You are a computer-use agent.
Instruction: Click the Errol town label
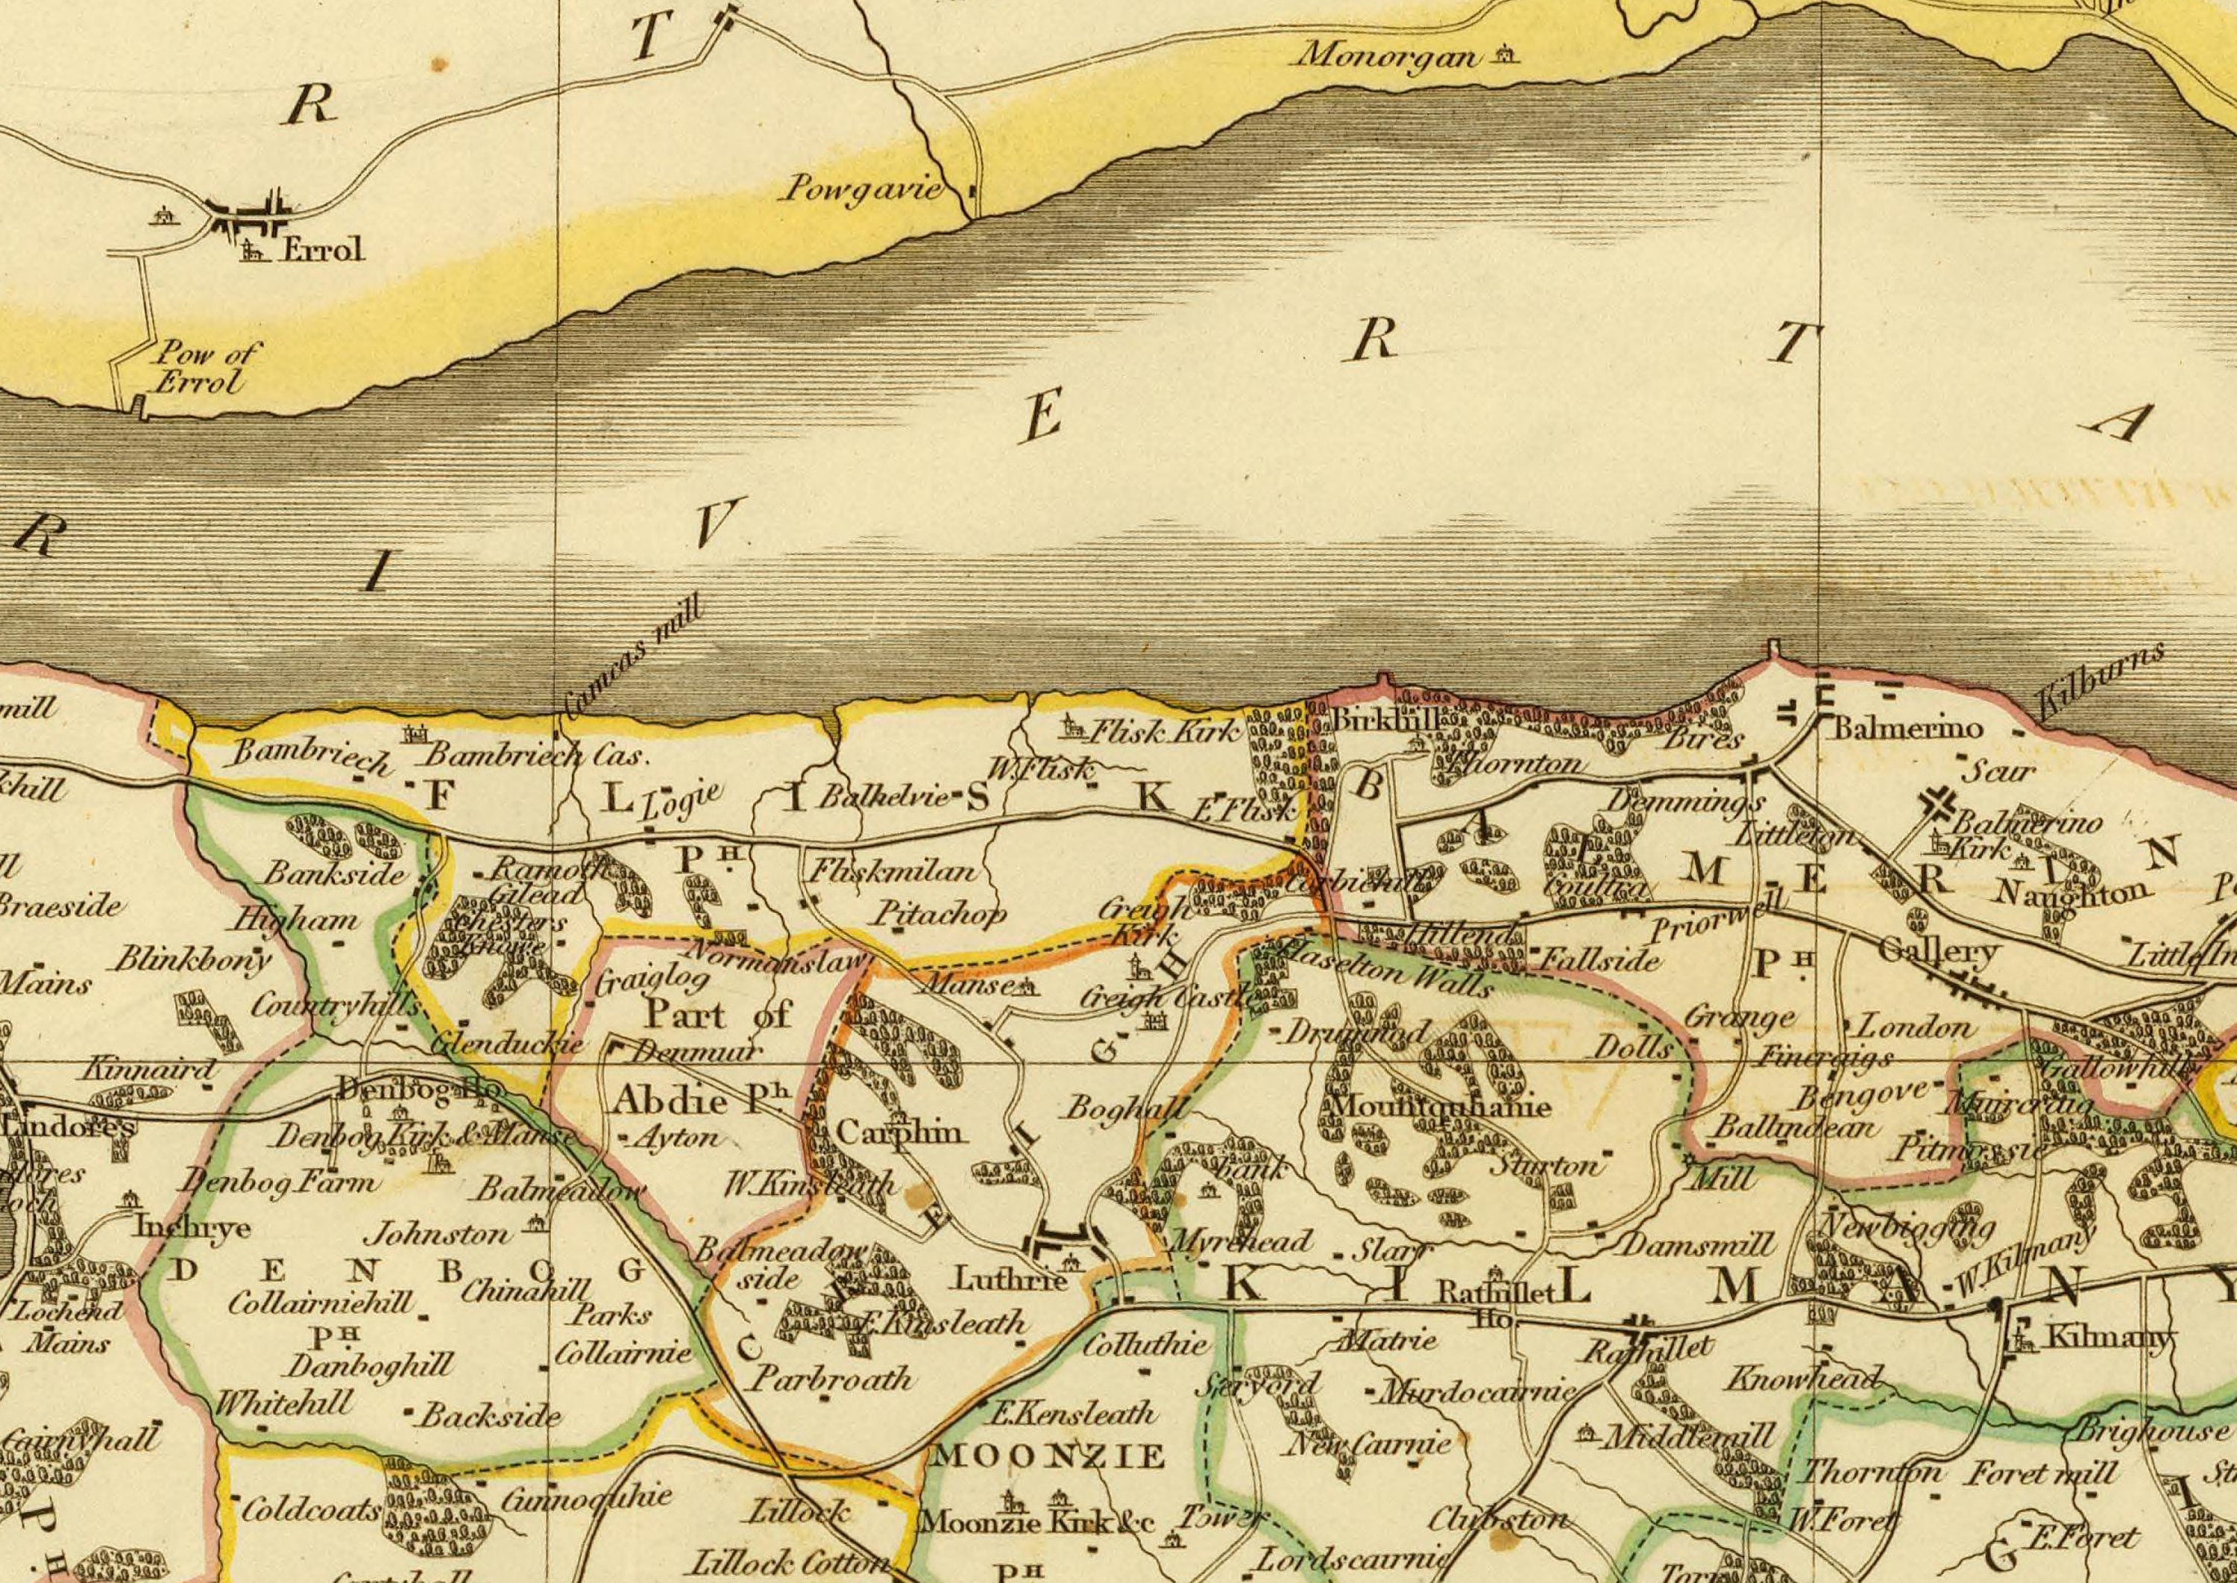322,251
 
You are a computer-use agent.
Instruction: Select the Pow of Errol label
200,368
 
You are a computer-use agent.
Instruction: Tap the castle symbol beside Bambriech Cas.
416,733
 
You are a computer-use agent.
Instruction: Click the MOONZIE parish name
1048,1456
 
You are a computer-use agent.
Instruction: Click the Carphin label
902,1132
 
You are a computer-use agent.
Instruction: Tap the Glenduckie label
506,1045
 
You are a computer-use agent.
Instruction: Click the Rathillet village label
1646,1351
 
